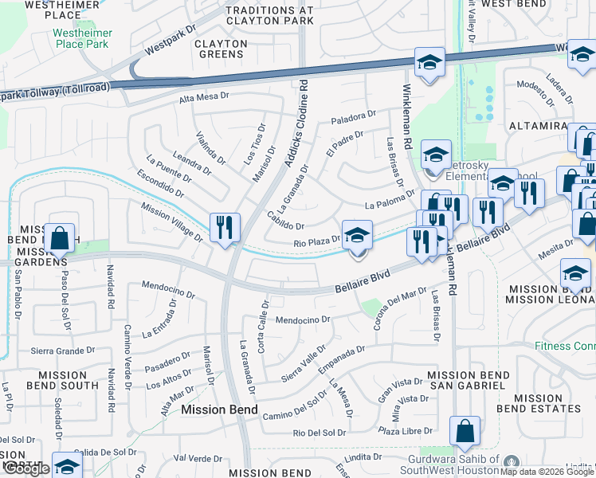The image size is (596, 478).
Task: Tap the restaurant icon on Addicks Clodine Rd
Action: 225,227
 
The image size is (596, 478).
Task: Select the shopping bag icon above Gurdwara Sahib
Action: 465,432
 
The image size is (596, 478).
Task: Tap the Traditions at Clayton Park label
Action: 269,15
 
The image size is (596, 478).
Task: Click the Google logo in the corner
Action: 26,468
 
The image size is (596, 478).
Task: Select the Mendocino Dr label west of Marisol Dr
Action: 168,287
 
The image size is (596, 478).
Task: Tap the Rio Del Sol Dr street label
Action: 320,433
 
